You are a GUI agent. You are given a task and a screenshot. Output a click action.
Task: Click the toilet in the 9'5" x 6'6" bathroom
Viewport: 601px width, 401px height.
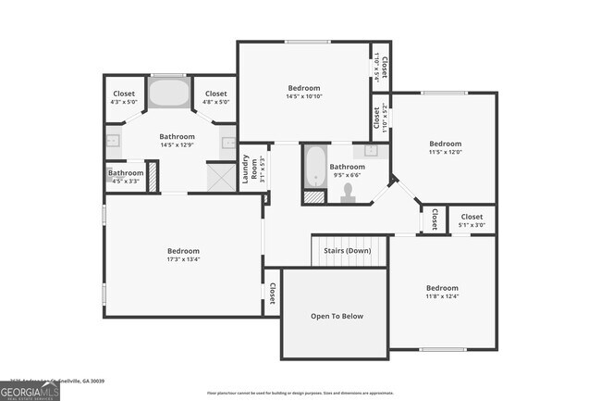coord(349,193)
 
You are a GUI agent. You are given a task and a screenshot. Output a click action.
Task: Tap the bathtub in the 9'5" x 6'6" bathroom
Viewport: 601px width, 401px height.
coord(315,165)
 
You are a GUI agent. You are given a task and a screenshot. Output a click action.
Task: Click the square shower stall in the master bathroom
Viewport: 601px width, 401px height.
coord(222,177)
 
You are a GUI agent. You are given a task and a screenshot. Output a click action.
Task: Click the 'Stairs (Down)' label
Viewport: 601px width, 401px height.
coord(347,251)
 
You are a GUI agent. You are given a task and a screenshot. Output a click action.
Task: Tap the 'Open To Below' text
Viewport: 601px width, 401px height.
coord(337,317)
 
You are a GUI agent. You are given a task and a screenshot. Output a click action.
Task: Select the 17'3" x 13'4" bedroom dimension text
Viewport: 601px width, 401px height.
coord(183,260)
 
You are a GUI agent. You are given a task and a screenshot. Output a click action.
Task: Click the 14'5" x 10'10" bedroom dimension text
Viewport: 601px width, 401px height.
coord(304,97)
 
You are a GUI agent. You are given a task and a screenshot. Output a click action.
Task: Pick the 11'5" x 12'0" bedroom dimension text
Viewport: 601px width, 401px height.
coord(445,153)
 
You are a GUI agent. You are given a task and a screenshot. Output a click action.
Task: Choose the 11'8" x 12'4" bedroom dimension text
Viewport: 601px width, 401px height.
coord(442,296)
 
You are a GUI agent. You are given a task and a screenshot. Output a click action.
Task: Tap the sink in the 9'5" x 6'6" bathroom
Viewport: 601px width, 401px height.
coord(371,150)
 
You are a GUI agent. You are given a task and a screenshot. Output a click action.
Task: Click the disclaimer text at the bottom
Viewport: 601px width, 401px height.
coord(300,393)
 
